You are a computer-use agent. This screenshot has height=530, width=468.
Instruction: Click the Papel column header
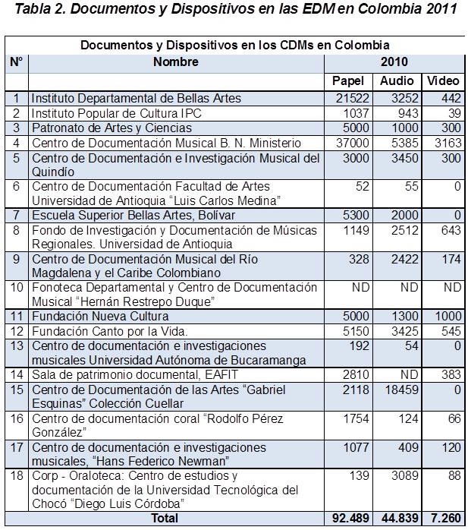(x=348, y=81)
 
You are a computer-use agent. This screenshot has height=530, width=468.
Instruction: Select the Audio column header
(x=397, y=80)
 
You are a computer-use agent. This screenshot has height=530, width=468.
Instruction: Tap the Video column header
(x=443, y=80)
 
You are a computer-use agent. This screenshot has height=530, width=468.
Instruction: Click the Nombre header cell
(x=175, y=62)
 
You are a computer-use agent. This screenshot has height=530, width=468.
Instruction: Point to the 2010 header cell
(x=394, y=62)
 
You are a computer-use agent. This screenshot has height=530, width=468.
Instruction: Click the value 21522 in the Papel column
(x=352, y=99)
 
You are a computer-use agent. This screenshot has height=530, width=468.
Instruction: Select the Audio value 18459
(x=401, y=390)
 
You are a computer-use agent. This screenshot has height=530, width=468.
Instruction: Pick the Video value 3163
(x=448, y=143)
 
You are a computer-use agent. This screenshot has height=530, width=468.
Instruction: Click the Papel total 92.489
(x=350, y=518)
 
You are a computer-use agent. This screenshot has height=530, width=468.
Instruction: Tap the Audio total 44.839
(x=400, y=518)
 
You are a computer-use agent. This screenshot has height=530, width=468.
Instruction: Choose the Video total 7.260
(x=446, y=518)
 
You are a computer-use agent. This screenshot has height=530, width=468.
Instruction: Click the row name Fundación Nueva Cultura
(x=100, y=317)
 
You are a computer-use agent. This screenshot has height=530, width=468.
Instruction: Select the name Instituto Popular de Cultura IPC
(x=117, y=113)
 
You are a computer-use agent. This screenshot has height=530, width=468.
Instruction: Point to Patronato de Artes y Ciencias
(x=112, y=128)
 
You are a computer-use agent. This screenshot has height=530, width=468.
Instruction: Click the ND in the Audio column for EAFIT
(x=410, y=374)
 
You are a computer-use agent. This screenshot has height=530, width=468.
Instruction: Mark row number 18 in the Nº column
(x=17, y=475)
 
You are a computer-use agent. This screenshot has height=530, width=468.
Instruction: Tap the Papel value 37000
(x=352, y=143)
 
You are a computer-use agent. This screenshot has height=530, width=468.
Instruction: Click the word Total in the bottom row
(x=165, y=518)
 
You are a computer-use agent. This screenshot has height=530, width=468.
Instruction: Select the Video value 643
(x=451, y=230)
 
